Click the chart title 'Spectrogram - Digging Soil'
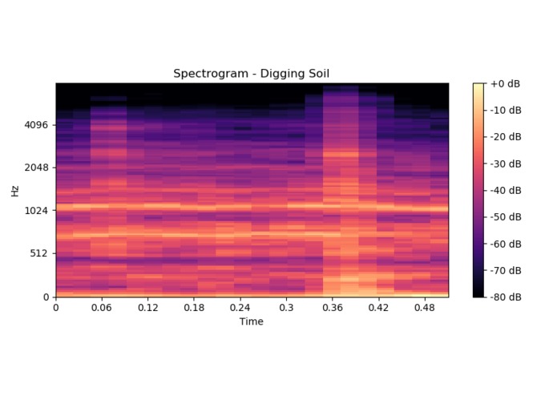[x=252, y=74]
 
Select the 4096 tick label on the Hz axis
[x=37, y=125]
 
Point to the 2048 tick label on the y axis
[x=37, y=168]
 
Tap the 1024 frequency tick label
[x=37, y=211]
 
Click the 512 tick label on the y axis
[x=39, y=253]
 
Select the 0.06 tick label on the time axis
[x=102, y=308]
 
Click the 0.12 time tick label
[x=147, y=308]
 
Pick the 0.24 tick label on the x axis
[x=240, y=308]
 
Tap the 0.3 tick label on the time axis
[x=285, y=308]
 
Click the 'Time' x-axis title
[x=252, y=321]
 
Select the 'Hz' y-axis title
[x=15, y=190]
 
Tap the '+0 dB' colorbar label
[x=506, y=83]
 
